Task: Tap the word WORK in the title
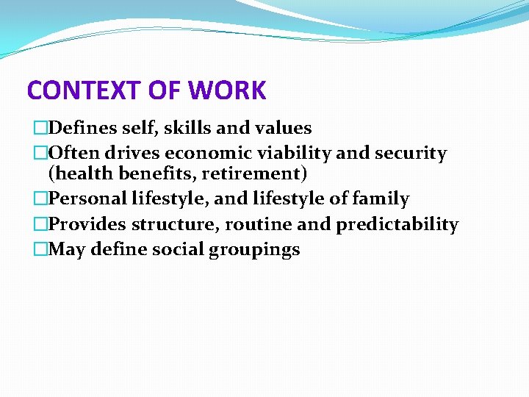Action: point(227,91)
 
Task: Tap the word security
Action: point(411,153)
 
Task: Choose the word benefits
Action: point(150,175)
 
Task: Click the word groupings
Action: point(254,250)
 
